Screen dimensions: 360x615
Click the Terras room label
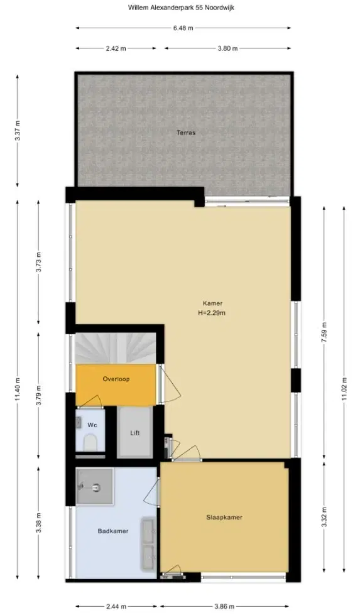coord(186,133)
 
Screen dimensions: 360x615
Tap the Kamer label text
coord(212,303)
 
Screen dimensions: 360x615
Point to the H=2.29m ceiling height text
coord(212,313)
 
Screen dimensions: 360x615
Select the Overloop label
coord(116,379)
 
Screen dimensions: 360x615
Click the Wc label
coord(92,425)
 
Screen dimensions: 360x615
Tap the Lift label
coord(135,433)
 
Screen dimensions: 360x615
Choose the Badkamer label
coord(113,531)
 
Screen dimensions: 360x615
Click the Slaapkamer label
coord(224,518)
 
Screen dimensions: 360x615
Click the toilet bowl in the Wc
coord(91,443)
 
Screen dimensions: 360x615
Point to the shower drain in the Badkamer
coord(97,487)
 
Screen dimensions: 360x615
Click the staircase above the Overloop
coord(116,348)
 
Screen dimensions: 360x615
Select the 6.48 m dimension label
coord(183,28)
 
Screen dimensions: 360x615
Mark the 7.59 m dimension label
coord(324,332)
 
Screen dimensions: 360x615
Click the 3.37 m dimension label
coord(17,131)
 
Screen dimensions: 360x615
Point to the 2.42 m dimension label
coord(116,48)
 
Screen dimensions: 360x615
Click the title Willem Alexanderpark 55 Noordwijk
coord(181,7)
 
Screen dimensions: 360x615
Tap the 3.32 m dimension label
coord(324,518)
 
